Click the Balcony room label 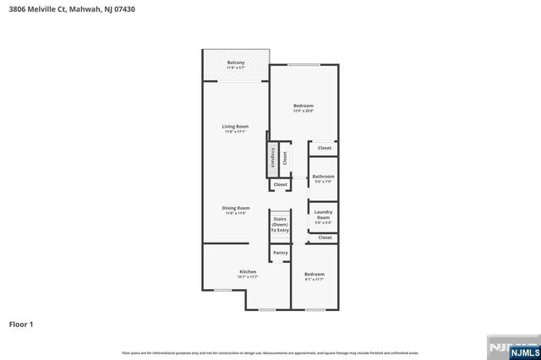[236, 63]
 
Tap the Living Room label [236, 126]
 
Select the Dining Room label [236, 208]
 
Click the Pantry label [280, 253]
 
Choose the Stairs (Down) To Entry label [280, 224]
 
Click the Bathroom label [323, 177]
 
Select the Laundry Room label [323, 215]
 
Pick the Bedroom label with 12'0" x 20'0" [303, 106]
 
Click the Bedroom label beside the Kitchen [314, 274]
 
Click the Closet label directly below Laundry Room [325, 238]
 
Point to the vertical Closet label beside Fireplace [285, 157]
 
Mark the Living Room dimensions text [236, 131]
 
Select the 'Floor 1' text [21, 323]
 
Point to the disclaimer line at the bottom [270, 352]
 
